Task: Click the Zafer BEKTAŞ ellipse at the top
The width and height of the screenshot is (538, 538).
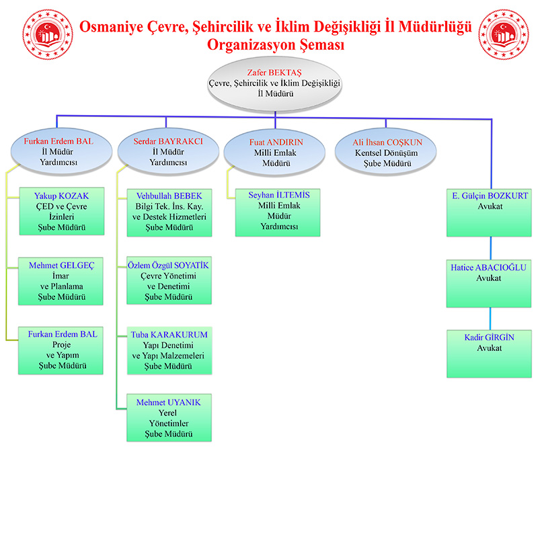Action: (275, 83)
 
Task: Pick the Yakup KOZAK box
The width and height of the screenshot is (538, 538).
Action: (61, 212)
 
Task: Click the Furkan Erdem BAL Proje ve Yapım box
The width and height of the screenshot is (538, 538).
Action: (61, 350)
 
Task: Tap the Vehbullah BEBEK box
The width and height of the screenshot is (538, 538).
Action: (169, 212)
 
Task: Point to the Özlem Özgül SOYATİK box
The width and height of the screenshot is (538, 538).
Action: (169, 282)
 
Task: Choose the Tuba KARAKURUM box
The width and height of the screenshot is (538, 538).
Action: (169, 350)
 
